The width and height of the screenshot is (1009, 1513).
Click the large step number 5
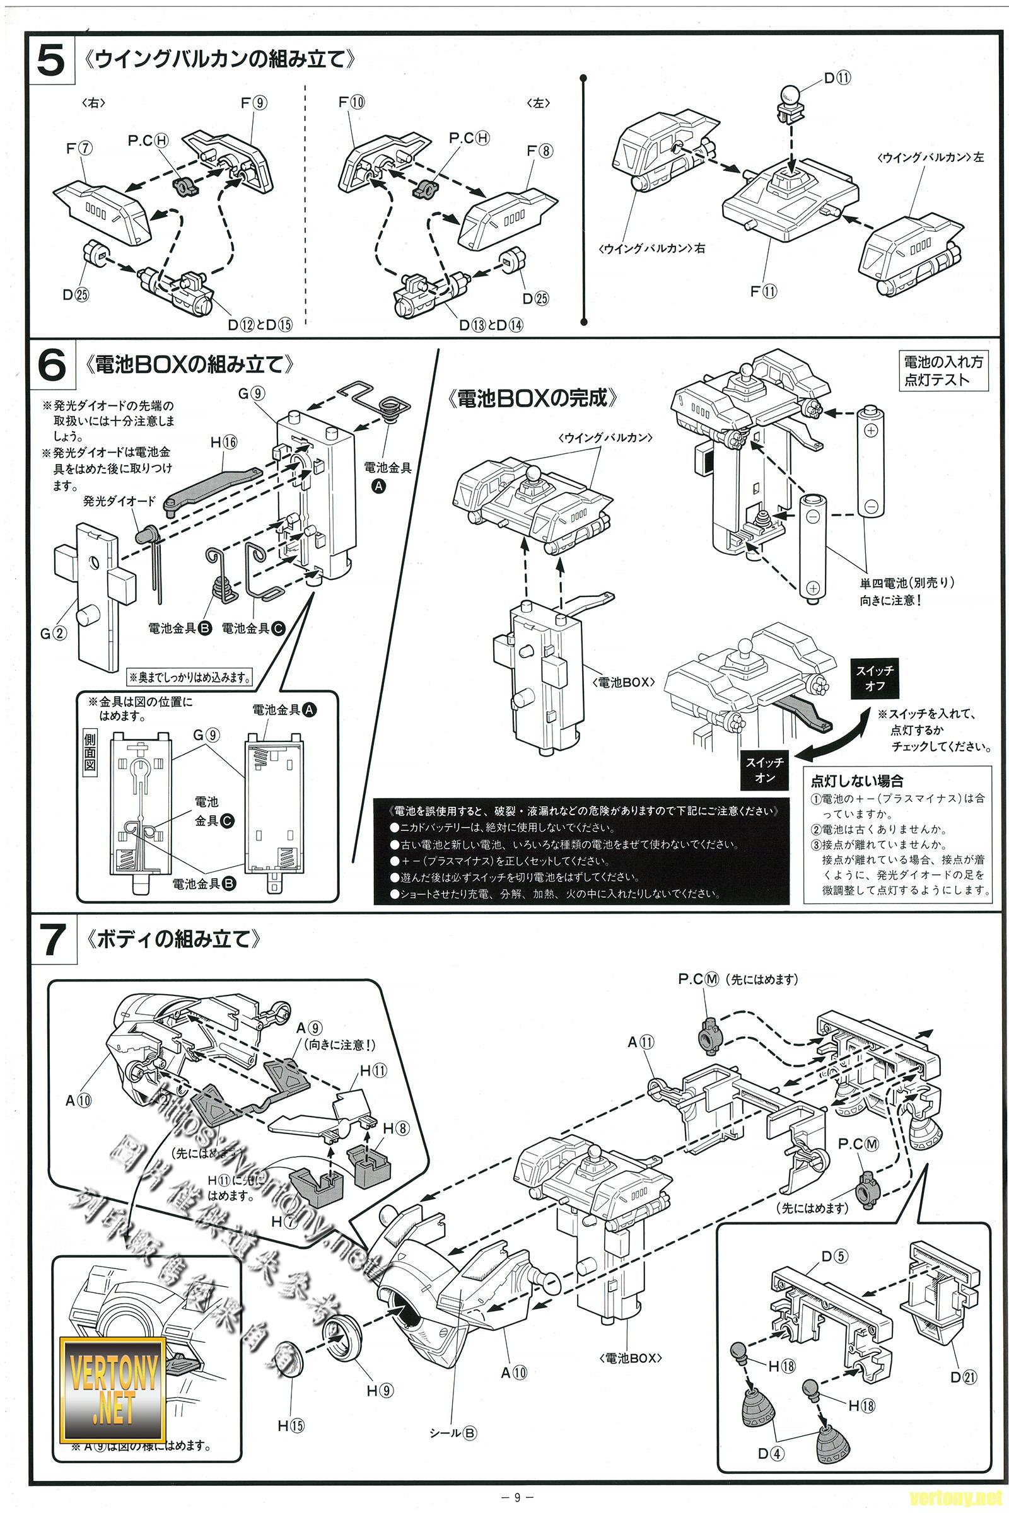(x=51, y=62)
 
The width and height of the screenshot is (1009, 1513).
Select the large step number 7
(x=51, y=940)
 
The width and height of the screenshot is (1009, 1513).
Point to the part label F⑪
(x=764, y=291)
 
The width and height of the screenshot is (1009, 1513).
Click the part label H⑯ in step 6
(x=224, y=442)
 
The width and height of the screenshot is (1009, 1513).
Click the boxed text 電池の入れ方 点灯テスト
(x=943, y=371)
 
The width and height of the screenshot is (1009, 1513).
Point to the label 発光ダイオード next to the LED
(x=119, y=501)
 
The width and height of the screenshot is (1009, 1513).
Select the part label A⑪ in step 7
(x=641, y=1041)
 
